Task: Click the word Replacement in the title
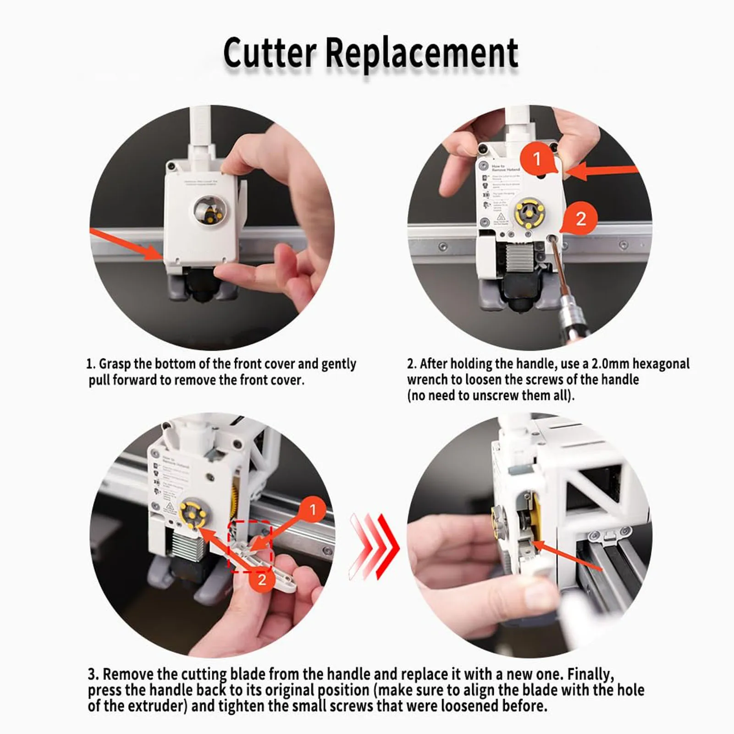coord(422,54)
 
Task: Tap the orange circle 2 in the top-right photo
coord(580,218)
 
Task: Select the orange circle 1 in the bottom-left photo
coord(313,509)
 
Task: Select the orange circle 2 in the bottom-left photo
coord(262,580)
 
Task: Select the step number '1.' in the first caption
coord(91,364)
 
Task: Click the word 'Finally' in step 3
coord(590,674)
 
